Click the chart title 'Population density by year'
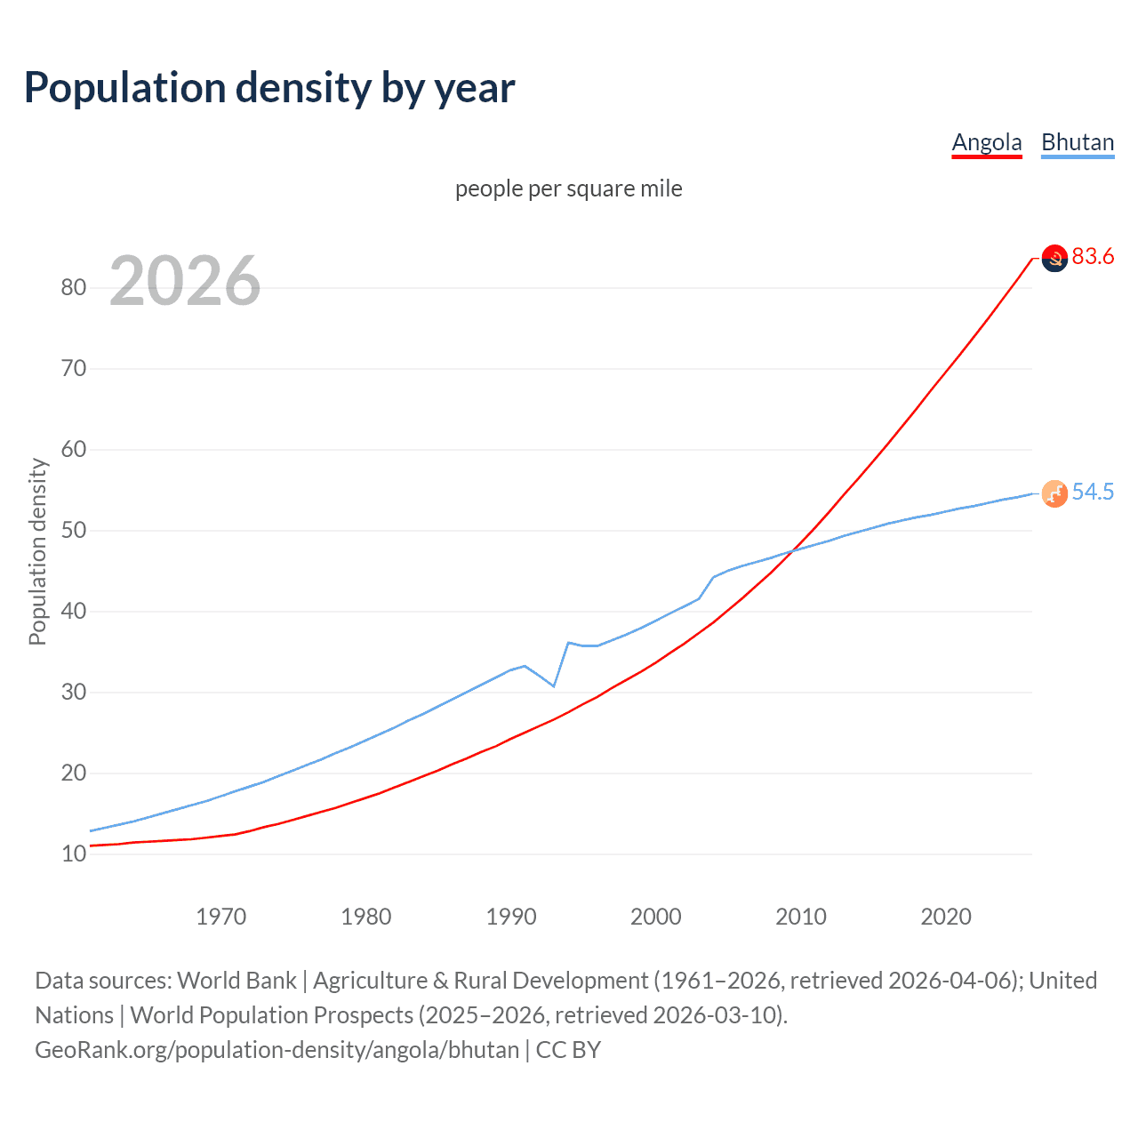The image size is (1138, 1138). point(269,88)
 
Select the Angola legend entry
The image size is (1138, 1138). point(986,142)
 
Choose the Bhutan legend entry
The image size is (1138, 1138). point(1078,142)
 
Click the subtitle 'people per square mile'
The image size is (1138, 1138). point(569,188)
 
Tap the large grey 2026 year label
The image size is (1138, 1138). point(185,281)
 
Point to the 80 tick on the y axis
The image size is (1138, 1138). point(74,287)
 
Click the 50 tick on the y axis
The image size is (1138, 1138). point(74,531)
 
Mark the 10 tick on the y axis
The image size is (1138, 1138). point(74,854)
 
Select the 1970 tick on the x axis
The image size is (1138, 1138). point(220,917)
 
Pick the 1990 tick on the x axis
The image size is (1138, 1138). point(511,917)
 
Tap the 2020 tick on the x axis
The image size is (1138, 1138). point(946,917)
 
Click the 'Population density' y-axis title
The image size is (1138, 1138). point(37,551)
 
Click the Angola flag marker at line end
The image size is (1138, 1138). point(1054,259)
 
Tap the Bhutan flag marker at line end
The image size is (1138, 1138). point(1054,493)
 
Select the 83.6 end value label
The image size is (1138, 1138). point(1093,257)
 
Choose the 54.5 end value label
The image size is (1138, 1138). point(1093,493)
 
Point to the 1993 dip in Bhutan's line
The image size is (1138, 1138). point(554,685)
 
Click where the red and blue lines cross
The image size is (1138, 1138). point(792,552)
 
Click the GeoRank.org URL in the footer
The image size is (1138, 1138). point(276,1050)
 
